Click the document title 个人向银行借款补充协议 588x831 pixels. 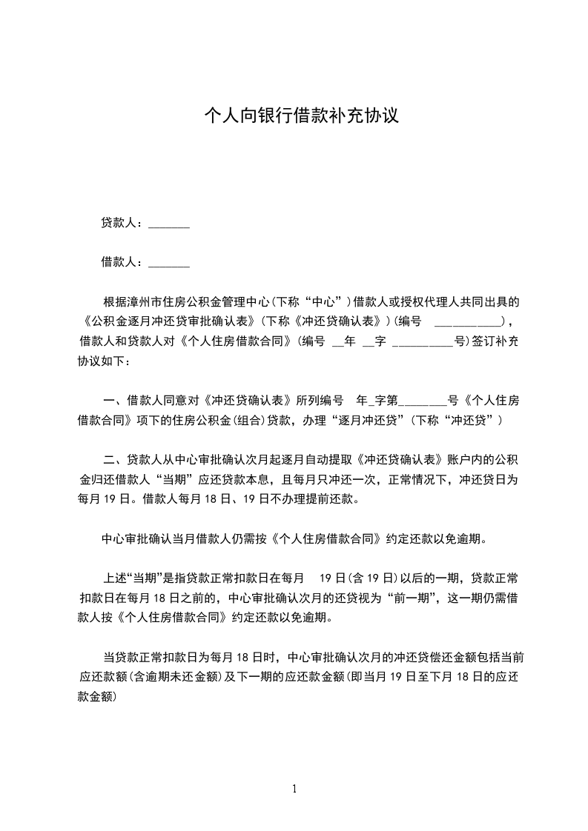point(302,116)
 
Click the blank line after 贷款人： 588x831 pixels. point(169,224)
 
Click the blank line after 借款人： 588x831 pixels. point(169,262)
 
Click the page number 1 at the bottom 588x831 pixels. point(294,788)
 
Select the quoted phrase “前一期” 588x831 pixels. point(412,597)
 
